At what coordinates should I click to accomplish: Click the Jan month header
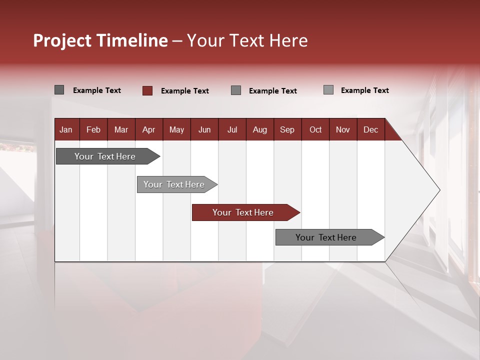66,129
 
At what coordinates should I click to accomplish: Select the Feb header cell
93,129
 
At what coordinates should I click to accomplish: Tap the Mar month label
121,129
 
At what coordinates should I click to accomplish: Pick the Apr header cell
149,129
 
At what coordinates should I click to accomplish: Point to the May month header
176,129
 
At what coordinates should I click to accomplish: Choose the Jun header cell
204,129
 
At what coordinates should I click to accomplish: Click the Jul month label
232,129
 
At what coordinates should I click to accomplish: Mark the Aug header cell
260,129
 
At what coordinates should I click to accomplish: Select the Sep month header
287,129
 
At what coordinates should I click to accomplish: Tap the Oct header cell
315,129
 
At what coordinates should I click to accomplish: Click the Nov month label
343,129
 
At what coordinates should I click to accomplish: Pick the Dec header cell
370,129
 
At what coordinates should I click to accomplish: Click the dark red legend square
147,90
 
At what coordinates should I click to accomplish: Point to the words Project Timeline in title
100,40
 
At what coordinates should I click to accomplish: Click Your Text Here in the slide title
247,40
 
